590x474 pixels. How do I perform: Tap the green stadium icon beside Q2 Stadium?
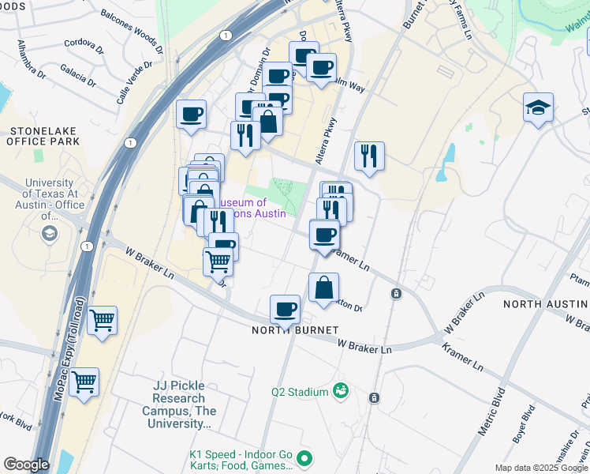point(341,390)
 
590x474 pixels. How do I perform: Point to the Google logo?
point(26,465)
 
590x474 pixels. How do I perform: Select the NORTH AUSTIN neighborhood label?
point(545,304)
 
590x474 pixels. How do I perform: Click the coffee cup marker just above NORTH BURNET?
point(285,309)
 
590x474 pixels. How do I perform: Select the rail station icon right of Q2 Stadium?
point(375,397)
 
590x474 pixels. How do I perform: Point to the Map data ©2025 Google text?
point(541,468)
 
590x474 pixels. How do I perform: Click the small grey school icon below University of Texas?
point(50,234)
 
